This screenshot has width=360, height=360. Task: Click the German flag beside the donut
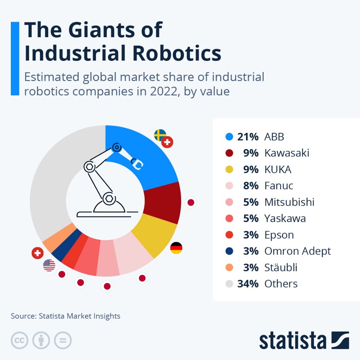coord(176,248)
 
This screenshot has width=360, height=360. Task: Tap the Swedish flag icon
coord(160,134)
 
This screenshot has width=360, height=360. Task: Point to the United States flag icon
coord(49,265)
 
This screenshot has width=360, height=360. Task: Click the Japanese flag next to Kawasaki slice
coord(191,203)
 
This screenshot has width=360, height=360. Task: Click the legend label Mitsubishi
coord(289,202)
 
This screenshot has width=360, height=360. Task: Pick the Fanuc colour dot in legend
coord(229,186)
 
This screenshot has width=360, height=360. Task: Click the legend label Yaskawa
coord(285,218)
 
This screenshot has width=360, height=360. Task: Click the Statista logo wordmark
coord(293,340)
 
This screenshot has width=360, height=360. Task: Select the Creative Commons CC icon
coord(19,340)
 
